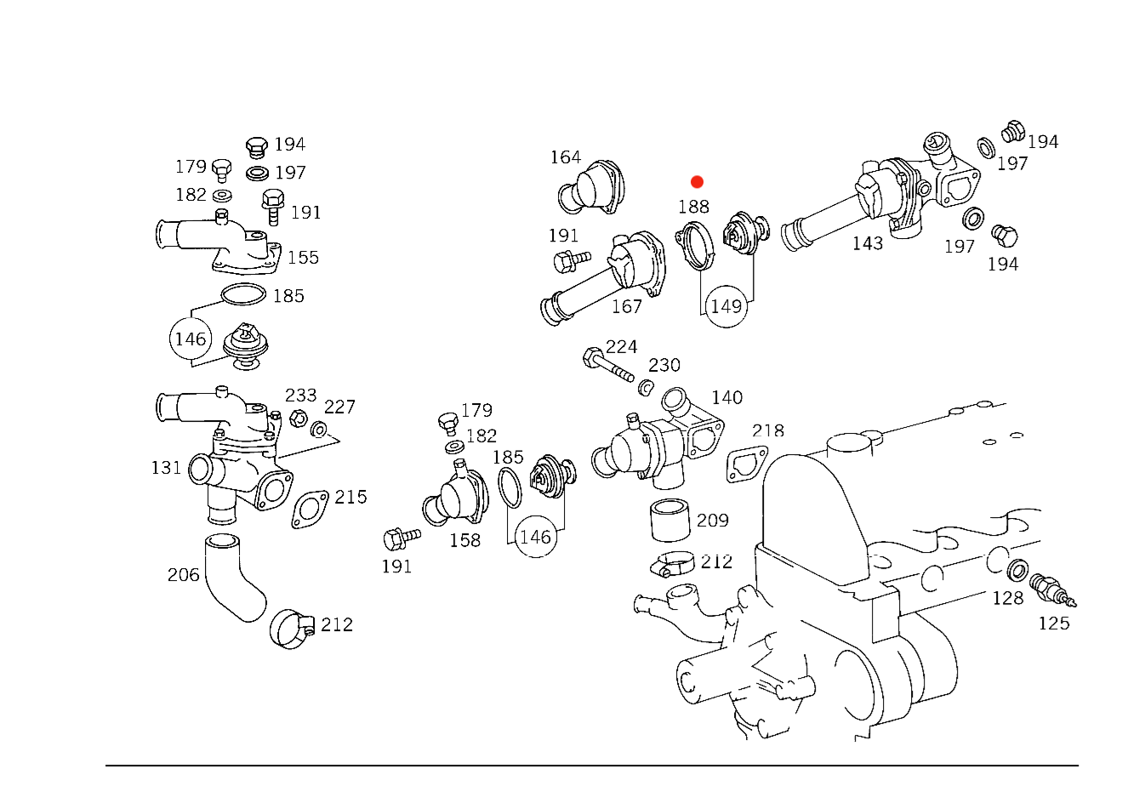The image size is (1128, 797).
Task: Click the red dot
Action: coord(697,182)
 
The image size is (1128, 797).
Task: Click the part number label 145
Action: coord(727,397)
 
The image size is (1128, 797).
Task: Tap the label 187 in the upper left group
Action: coord(289,174)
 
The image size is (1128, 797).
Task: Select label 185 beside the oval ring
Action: coord(288,297)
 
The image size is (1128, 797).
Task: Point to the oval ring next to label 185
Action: coord(242,295)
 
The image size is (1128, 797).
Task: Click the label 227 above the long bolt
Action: coord(622,346)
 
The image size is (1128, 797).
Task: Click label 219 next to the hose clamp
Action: coord(335,624)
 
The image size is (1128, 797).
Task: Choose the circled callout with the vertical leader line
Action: coord(726,307)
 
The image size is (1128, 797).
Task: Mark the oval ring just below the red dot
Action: coord(696,244)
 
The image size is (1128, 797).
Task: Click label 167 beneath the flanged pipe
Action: coord(627,306)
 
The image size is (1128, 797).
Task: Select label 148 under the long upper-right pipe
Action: coord(868,245)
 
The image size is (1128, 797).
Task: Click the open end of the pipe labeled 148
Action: coord(794,234)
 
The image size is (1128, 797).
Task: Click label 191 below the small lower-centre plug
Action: coord(396,567)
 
